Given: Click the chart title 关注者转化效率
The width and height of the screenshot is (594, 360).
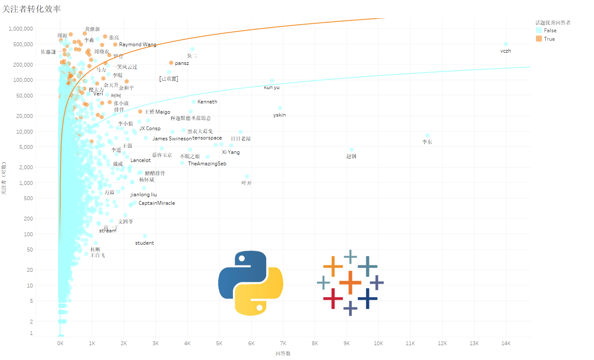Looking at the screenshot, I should [x=31, y=9].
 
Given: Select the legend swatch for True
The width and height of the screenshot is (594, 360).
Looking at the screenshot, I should [x=539, y=39].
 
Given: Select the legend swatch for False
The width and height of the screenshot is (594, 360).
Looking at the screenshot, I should [x=539, y=30].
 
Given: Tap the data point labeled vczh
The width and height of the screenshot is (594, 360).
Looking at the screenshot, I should [x=505, y=44].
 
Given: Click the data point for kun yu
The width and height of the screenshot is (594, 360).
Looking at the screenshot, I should [x=272, y=81].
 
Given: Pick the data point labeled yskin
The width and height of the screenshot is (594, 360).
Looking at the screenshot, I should [x=280, y=108].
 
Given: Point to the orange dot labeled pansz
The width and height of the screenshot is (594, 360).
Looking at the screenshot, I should [x=171, y=63].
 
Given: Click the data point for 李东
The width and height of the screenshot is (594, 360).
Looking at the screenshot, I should [x=427, y=135].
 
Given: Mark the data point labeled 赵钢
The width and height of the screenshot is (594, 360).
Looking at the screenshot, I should [x=352, y=150].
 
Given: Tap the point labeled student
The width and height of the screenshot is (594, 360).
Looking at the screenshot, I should [x=145, y=236].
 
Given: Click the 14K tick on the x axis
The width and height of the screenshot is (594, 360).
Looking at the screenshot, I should [x=505, y=343].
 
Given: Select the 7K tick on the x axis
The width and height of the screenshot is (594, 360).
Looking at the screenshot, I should [x=283, y=343].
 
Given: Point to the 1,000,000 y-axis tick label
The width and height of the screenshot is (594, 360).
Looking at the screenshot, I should [x=21, y=29].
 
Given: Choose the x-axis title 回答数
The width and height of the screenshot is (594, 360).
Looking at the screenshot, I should [x=283, y=353].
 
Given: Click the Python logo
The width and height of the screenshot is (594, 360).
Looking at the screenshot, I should [x=250, y=283].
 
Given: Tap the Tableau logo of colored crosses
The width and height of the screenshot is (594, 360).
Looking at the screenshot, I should [x=350, y=283].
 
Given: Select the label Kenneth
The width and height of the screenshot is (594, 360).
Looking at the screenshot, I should [x=207, y=102].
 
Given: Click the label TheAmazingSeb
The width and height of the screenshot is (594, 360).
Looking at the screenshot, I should [x=207, y=164].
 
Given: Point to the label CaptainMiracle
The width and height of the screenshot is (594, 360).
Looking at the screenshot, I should [x=157, y=203].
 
